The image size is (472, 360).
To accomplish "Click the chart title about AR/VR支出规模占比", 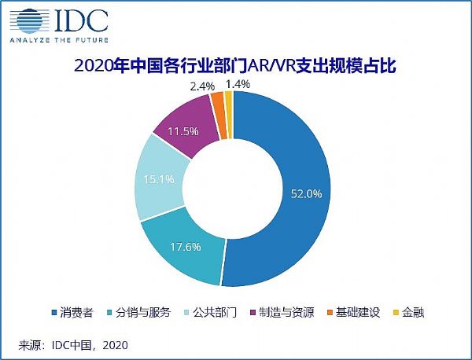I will [236, 66].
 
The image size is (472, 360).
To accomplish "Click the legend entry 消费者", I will [78, 313].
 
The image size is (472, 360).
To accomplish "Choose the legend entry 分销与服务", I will [142, 313].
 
